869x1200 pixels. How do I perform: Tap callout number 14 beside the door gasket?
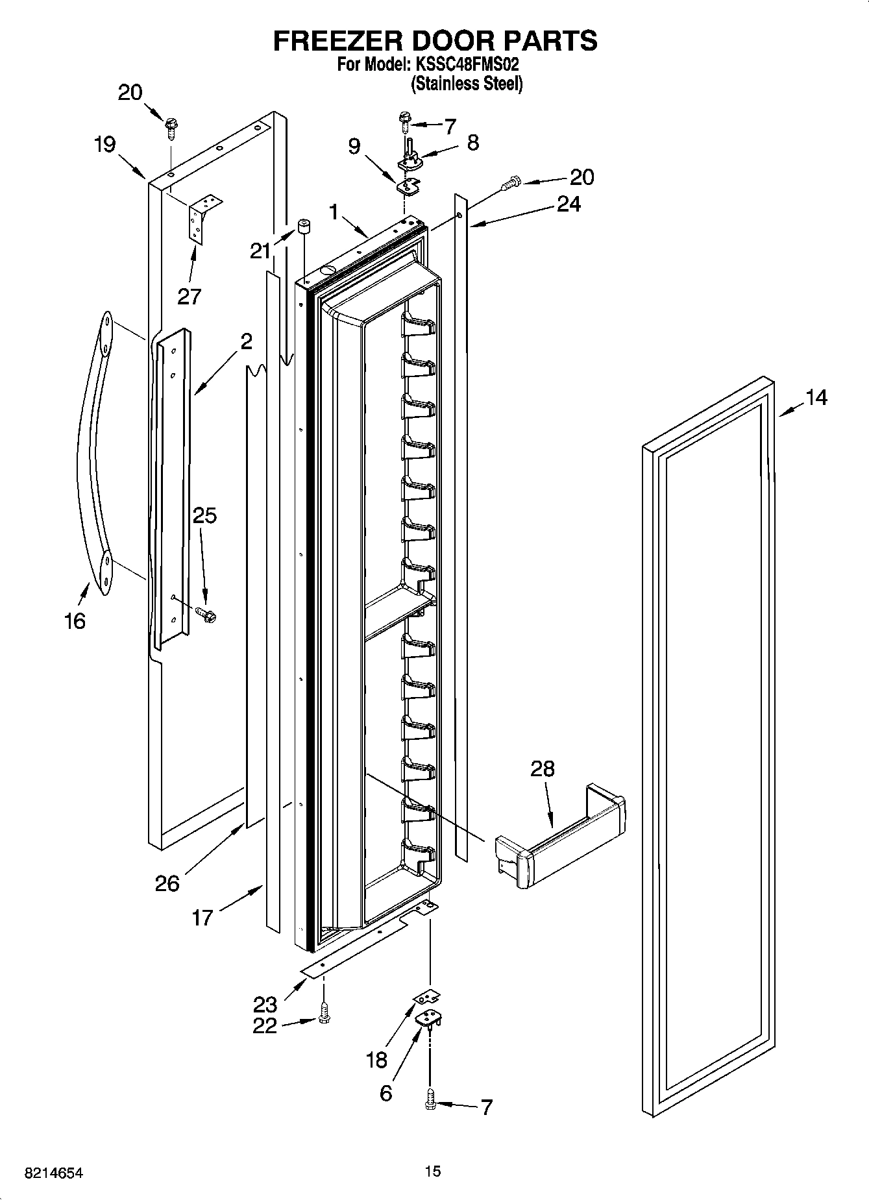[x=816, y=398]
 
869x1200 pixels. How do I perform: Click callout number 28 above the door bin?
[x=543, y=769]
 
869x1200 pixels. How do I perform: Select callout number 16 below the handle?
[x=75, y=621]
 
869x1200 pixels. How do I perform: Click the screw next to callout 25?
[x=206, y=612]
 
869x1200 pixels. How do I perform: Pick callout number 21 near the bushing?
[x=261, y=251]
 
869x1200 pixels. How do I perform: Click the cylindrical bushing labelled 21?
[x=302, y=228]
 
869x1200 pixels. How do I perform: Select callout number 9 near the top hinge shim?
[x=354, y=146]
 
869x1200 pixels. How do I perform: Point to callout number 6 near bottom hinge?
[x=386, y=1094]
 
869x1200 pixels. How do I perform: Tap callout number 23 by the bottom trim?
[x=265, y=1004]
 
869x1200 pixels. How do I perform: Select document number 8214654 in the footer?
[x=54, y=1173]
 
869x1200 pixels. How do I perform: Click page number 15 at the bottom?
[x=433, y=1171]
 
